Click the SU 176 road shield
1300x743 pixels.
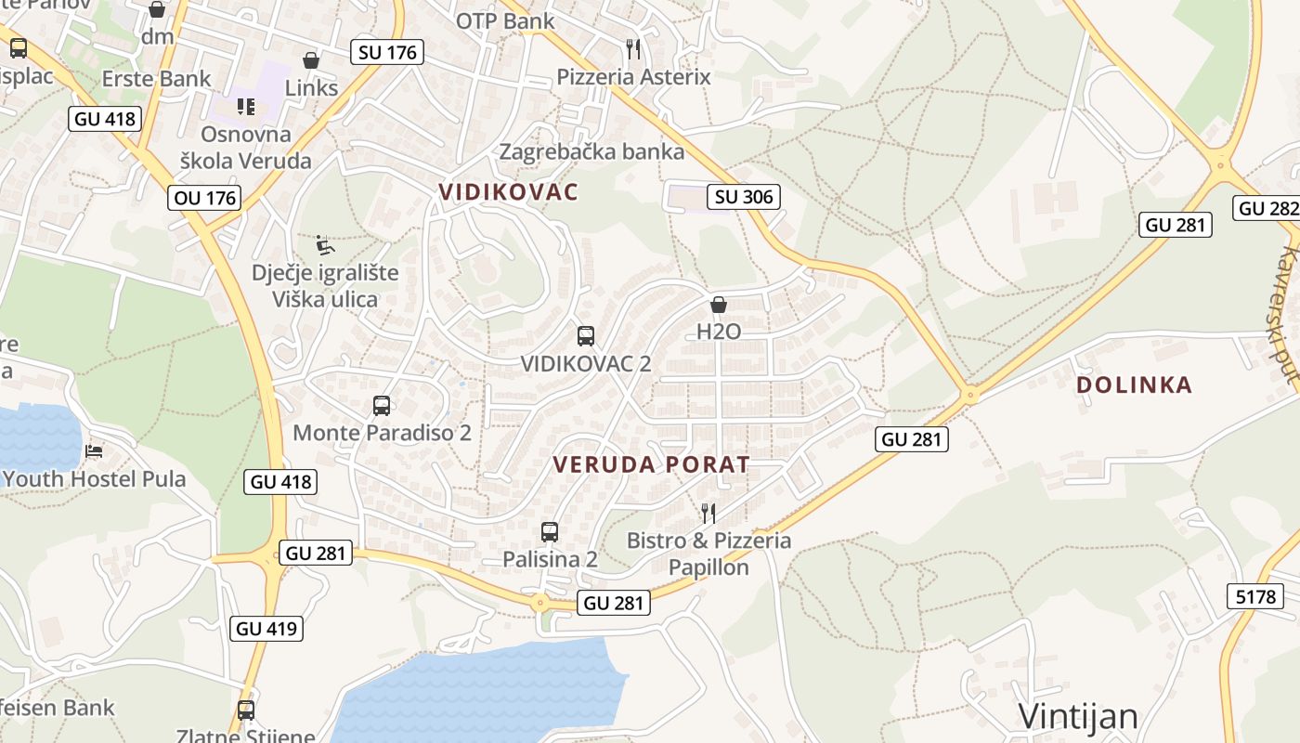click(x=388, y=52)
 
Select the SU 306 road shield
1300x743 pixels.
click(x=743, y=196)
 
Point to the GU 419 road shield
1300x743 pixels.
click(x=266, y=629)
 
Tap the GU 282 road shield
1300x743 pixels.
click(x=1268, y=208)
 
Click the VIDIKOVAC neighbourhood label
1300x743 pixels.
click(x=508, y=192)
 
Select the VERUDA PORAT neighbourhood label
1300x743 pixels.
click(x=651, y=464)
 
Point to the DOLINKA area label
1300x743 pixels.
click(x=1134, y=385)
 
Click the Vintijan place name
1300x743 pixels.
click(x=1078, y=716)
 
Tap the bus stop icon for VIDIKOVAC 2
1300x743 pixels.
click(x=586, y=336)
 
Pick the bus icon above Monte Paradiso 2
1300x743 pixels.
click(x=382, y=405)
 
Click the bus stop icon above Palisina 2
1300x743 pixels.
click(x=550, y=532)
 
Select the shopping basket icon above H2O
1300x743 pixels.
click(x=718, y=305)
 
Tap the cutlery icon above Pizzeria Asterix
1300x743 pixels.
click(x=633, y=47)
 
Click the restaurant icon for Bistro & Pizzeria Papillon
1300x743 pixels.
click(x=708, y=513)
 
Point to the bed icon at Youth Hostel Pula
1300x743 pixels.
click(x=94, y=452)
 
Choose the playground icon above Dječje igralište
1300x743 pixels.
click(x=325, y=245)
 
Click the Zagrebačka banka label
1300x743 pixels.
click(x=591, y=151)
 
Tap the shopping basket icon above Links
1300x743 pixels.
click(x=311, y=61)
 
